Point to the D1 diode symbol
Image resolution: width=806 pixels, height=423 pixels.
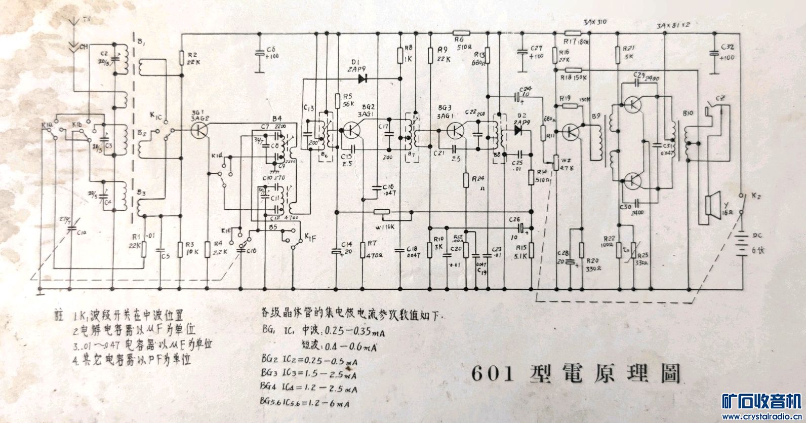(x=362, y=78)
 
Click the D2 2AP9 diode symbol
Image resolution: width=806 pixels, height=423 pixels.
(x=517, y=130)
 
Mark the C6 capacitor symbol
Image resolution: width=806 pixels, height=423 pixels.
(x=259, y=53)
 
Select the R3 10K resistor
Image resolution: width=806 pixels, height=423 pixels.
(x=181, y=248)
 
